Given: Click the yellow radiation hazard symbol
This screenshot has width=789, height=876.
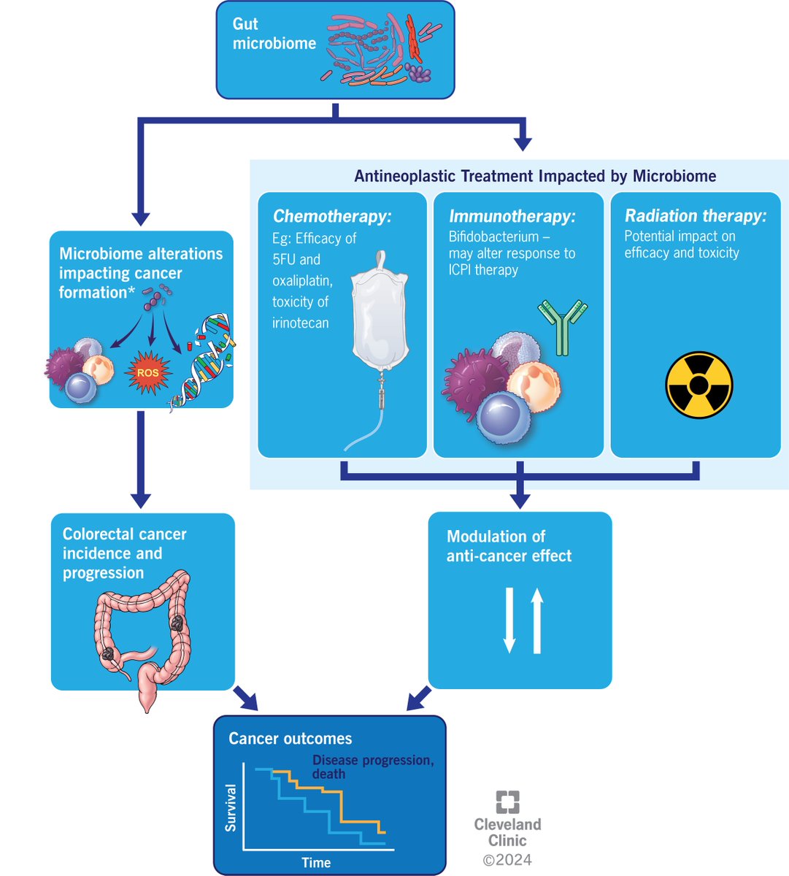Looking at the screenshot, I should (698, 385).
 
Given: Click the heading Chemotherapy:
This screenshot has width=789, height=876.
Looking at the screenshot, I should (332, 216).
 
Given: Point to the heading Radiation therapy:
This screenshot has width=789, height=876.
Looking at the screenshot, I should (695, 215).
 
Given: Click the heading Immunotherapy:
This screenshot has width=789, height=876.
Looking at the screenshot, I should (512, 216).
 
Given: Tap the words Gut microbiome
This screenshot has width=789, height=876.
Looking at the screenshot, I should (274, 34).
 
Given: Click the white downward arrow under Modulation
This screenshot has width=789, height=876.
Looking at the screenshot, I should (509, 620).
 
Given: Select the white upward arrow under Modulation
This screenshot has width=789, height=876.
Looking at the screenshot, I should (537, 620).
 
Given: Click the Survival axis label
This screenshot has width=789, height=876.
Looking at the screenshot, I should (231, 807).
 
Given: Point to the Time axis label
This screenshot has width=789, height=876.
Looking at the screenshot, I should (316, 863).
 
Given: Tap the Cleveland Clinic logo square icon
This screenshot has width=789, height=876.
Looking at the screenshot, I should (507, 802).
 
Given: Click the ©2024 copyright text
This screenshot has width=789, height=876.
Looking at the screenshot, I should (507, 859).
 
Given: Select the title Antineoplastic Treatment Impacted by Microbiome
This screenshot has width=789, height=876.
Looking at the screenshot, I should (534, 176).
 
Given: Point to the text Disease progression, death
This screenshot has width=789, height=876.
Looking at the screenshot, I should (372, 766).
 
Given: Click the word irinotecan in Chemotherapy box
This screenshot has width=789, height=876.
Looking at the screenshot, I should (300, 323).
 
